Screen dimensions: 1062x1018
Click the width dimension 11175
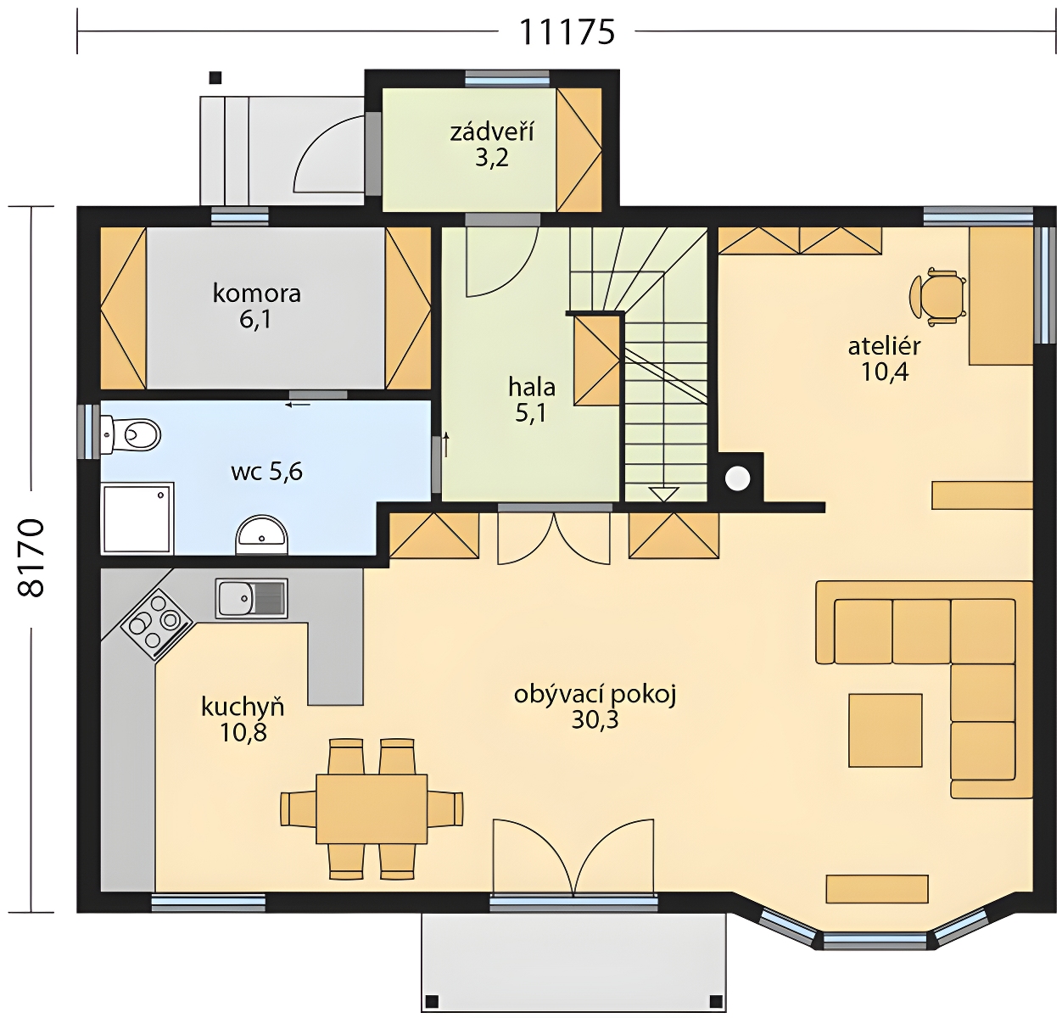click(567, 31)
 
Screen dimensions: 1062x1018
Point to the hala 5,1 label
click(532, 400)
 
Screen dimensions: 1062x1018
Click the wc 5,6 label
click(266, 471)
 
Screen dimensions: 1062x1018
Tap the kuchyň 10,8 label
click(243, 719)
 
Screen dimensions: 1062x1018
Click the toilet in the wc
click(131, 435)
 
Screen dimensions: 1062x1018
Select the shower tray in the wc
click(137, 517)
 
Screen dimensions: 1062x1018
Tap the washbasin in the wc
click(261, 534)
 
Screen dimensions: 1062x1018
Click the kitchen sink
click(252, 598)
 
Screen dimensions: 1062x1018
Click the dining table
click(372, 808)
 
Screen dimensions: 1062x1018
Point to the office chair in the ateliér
click(937, 297)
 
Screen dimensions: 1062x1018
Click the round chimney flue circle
click(738, 478)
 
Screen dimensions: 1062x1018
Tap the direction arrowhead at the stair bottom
click(664, 494)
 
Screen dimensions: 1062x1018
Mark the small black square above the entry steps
click(216, 77)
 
